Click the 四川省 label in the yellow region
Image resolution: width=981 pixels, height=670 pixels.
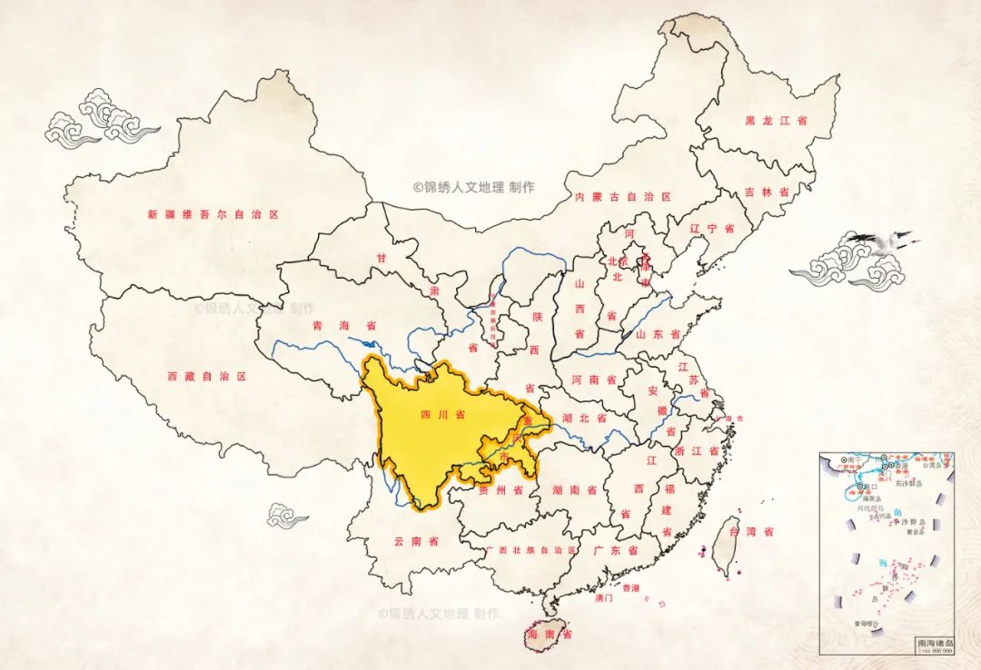click(x=443, y=415)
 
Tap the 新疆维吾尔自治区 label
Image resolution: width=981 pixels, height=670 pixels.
click(x=213, y=215)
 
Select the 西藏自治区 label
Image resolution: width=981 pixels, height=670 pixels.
click(x=207, y=376)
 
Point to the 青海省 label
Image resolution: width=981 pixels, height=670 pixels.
click(x=331, y=325)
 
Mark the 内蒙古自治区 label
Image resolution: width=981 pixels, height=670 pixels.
click(x=622, y=197)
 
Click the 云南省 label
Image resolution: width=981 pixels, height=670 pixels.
click(x=416, y=541)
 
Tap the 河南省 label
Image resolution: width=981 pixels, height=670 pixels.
click(x=594, y=379)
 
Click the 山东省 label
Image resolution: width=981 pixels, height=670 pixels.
click(x=658, y=334)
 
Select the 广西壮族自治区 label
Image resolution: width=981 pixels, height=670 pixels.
click(x=531, y=550)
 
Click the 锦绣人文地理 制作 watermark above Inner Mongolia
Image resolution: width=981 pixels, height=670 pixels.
click(x=474, y=187)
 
